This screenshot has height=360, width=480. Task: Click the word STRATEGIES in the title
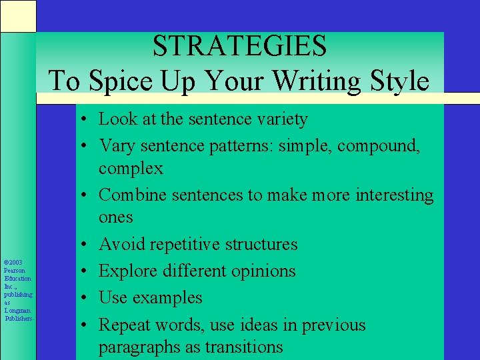click(239, 46)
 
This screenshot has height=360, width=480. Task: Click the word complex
click(131, 168)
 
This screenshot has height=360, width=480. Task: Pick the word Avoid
click(122, 244)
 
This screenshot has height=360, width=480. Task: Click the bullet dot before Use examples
click(87, 298)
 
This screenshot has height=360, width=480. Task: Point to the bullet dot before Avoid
click(87, 244)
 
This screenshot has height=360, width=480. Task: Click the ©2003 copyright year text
click(13, 263)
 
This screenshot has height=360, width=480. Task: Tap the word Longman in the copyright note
click(17, 310)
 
